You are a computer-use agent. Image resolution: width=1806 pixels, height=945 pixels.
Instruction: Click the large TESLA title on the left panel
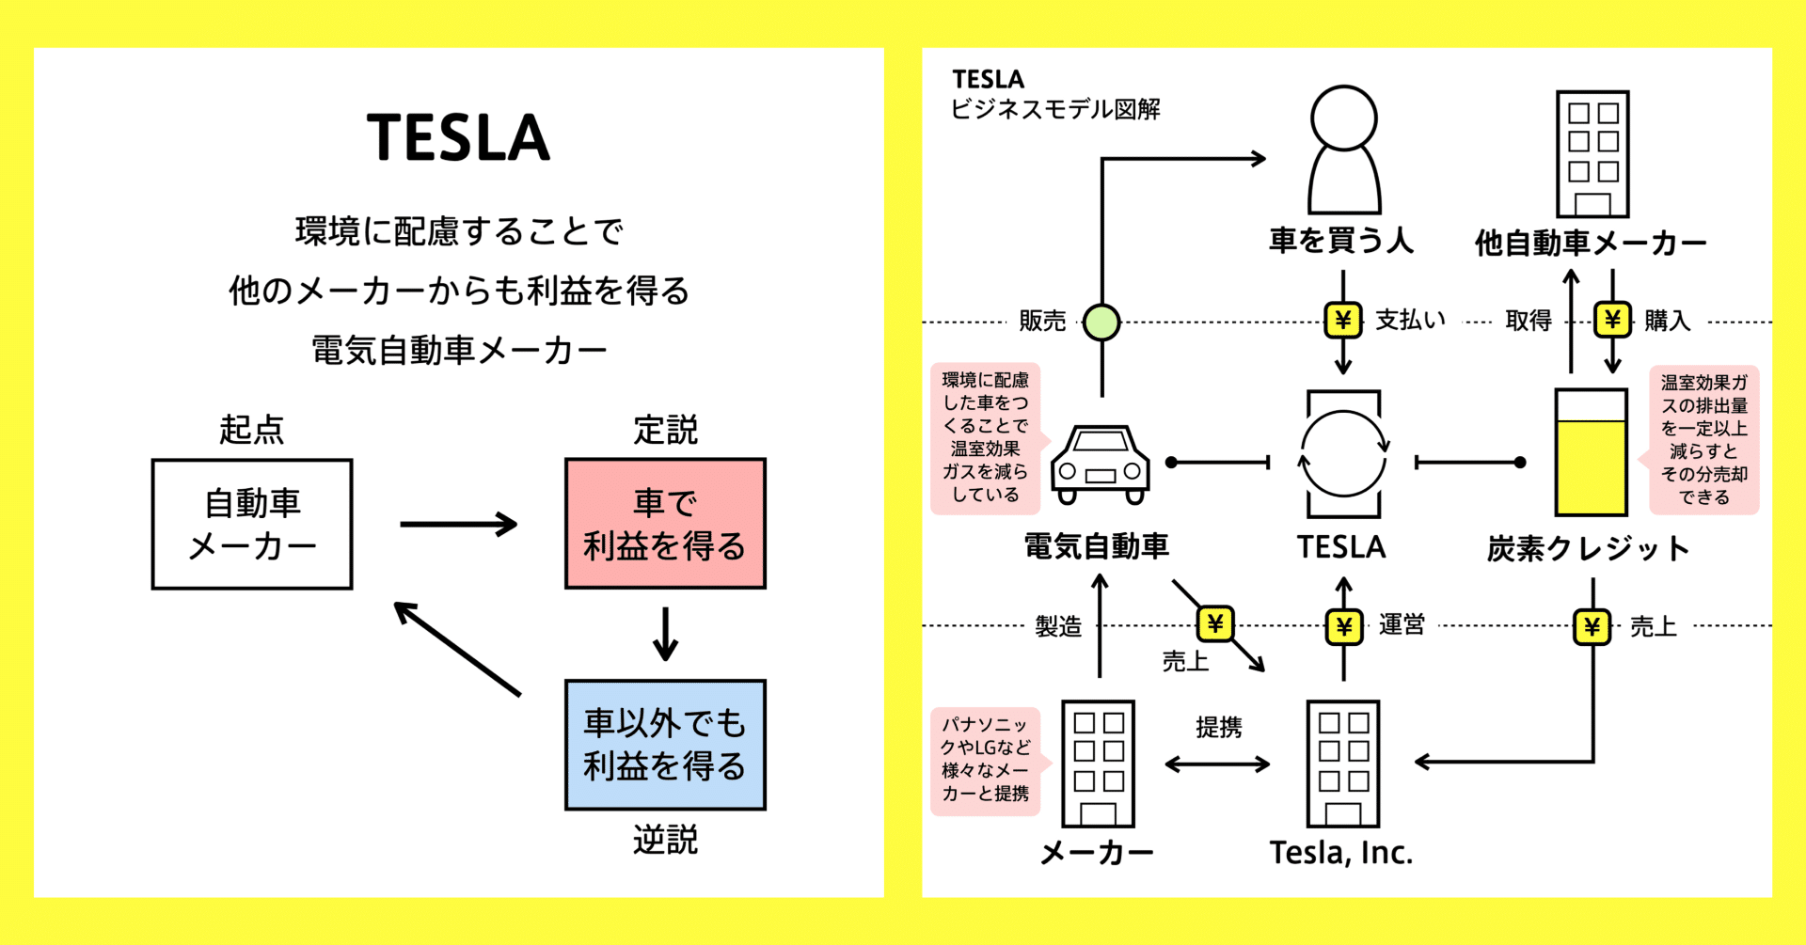pos(458,138)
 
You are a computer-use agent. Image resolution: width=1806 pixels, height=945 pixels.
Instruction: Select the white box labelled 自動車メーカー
pos(252,525)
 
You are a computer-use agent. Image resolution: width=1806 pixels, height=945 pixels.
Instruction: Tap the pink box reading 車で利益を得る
pos(665,524)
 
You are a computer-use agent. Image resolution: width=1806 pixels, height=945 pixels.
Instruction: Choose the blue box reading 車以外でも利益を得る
pos(665,745)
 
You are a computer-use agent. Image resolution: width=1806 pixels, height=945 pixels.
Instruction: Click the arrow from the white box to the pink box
pos(458,524)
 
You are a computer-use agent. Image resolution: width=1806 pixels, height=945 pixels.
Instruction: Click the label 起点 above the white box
pos(251,430)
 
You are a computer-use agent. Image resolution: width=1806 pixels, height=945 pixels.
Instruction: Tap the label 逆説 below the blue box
pos(665,840)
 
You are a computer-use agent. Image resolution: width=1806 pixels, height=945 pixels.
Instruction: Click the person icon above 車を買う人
pos(1344,150)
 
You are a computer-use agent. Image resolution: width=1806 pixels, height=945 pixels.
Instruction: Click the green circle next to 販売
pos(1101,323)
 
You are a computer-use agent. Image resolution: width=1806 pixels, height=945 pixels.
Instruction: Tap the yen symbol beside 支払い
pos(1343,321)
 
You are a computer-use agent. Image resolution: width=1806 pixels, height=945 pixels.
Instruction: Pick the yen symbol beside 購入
pos(1612,321)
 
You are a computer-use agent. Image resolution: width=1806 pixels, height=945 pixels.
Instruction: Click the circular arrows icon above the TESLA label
pos(1343,454)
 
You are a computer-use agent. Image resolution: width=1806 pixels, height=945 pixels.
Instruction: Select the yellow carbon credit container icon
pos(1591,452)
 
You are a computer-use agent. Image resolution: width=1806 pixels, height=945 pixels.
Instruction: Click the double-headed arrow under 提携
pos(1217,764)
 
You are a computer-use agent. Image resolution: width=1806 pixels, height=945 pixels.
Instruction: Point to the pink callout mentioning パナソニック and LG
pos(985,760)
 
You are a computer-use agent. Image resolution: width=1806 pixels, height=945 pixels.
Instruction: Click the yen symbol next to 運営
pos(1344,627)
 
